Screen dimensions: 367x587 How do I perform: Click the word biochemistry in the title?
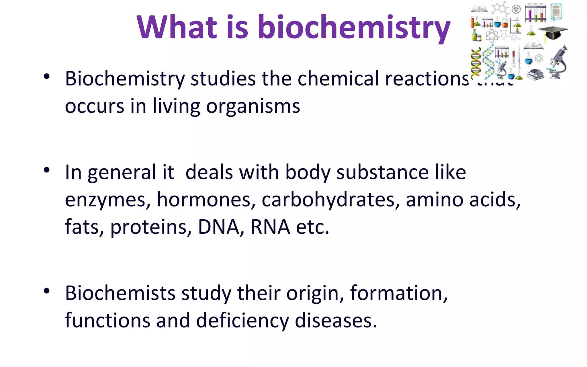(354, 27)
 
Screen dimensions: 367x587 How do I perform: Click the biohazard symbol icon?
(516, 9)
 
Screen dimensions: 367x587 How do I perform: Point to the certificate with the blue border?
(556, 12)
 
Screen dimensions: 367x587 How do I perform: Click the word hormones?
(206, 200)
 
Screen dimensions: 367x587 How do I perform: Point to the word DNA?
(219, 227)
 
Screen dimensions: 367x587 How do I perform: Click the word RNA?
(270, 227)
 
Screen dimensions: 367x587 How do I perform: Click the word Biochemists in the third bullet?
(120, 293)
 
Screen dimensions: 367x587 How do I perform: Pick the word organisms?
(253, 106)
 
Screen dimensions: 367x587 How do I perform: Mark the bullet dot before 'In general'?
(47, 170)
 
